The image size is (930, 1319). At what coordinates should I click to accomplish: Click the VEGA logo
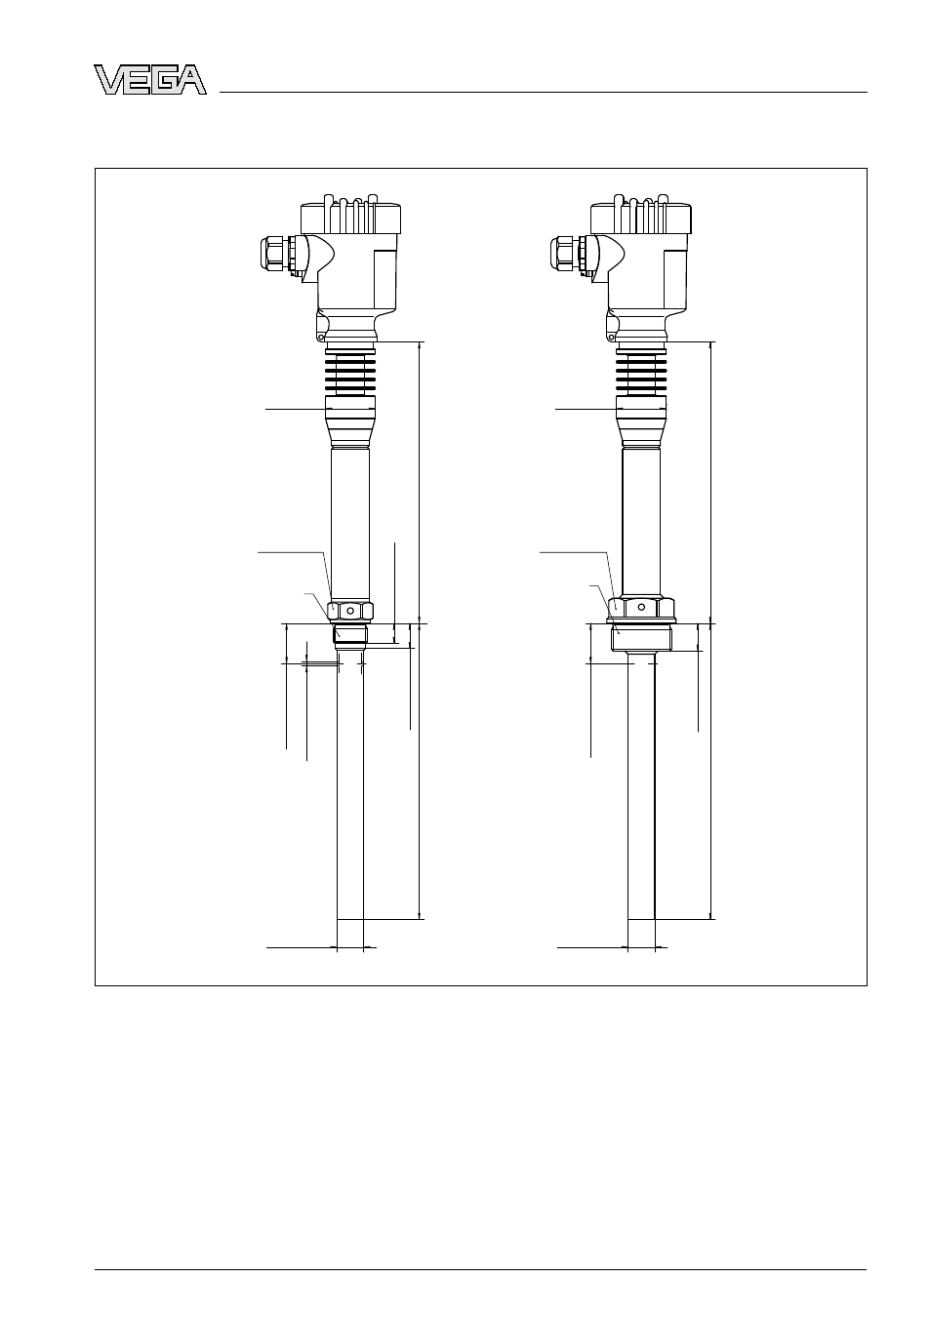150,79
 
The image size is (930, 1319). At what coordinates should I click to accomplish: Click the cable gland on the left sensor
280,254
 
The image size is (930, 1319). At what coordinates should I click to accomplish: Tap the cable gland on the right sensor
570,254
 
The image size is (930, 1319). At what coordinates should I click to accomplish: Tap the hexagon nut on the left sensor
350,612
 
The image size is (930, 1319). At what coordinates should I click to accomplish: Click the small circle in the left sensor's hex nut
350,612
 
